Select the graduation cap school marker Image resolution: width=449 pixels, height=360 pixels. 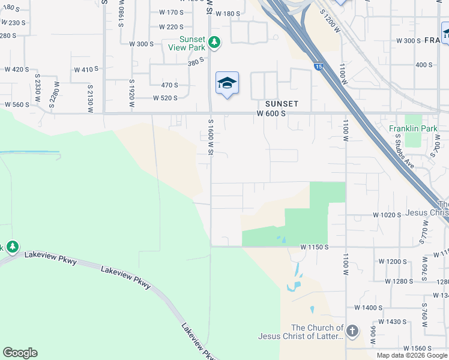point(227,83)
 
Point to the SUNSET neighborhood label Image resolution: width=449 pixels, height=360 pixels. point(282,104)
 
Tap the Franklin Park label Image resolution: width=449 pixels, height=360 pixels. point(414,128)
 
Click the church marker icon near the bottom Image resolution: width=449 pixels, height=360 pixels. point(352,331)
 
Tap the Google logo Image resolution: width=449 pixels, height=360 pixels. point(20,353)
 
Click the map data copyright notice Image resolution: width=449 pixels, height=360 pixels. point(411,355)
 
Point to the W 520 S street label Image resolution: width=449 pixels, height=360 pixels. point(165,98)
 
